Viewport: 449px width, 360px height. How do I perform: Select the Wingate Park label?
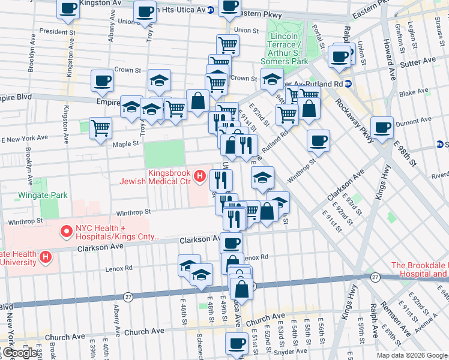click(x=43, y=195)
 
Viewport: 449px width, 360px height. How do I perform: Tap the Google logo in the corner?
click(x=19, y=353)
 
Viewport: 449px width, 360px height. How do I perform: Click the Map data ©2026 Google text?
click(x=412, y=355)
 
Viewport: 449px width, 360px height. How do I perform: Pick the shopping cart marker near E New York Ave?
click(x=100, y=128)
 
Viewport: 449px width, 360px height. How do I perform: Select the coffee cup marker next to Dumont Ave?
click(x=382, y=127)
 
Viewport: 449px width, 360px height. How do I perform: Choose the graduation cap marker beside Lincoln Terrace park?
click(x=272, y=79)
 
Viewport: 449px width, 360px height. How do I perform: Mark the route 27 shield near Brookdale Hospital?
click(x=375, y=277)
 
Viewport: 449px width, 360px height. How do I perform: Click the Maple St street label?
click(x=126, y=143)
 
